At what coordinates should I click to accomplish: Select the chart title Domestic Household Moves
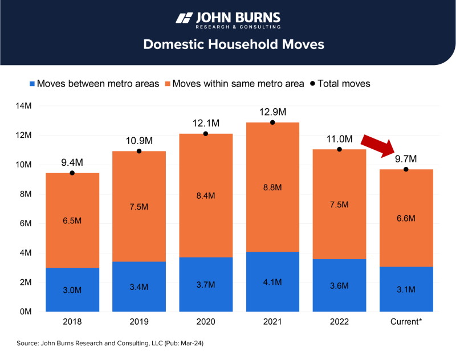[227, 44]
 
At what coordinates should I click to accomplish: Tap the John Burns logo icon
[184, 18]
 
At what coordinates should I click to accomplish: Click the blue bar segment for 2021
[272, 281]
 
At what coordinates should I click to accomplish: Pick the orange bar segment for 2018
[72, 220]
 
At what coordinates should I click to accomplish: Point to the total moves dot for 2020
[206, 134]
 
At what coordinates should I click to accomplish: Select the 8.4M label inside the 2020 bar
[206, 195]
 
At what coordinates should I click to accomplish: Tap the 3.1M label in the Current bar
[406, 290]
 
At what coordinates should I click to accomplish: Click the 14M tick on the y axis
[23, 106]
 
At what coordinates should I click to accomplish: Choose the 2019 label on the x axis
[139, 322]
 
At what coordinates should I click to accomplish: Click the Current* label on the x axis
[406, 322]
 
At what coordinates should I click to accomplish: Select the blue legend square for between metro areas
[31, 84]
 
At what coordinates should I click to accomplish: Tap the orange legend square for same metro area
[166, 84]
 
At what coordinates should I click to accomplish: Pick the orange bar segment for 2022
[339, 204]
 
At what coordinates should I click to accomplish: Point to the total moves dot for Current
[406, 169]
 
